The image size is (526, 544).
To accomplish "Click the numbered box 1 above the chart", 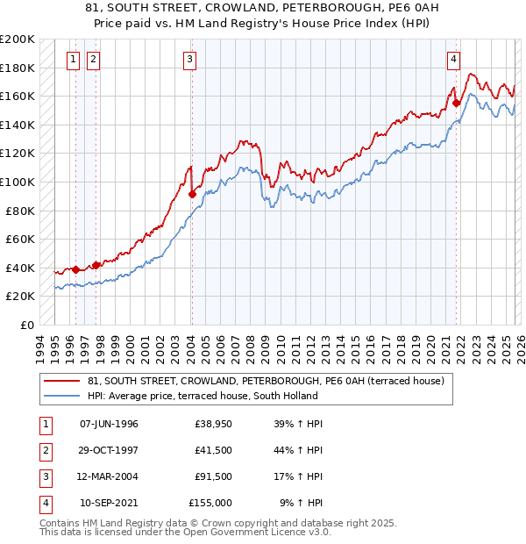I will pyautogui.click(x=72, y=60).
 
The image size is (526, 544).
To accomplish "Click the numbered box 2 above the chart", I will pyautogui.click(x=93, y=60).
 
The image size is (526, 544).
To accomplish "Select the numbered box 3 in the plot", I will pyautogui.click(x=189, y=60).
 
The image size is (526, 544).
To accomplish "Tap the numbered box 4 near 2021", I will pyautogui.click(x=453, y=60).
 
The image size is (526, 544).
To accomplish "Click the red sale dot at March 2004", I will pyautogui.click(x=192, y=194).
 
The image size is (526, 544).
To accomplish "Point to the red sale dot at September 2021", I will pyautogui.click(x=457, y=103).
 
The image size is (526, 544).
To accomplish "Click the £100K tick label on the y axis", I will pyautogui.click(x=18, y=182).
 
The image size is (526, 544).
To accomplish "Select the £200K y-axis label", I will pyautogui.click(x=18, y=39).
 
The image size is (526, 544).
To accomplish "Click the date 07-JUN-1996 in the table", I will pyautogui.click(x=109, y=424).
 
